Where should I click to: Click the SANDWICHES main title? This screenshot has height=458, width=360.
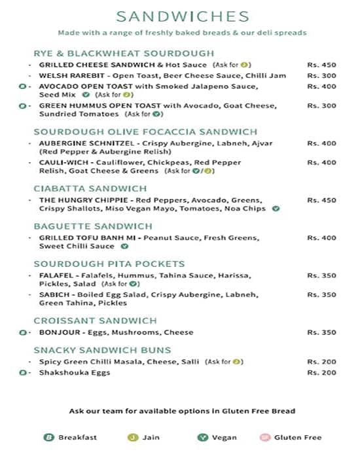point(182,16)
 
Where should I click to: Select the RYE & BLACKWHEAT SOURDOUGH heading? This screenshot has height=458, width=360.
point(124,54)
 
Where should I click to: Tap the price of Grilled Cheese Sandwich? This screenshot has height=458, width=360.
point(321,65)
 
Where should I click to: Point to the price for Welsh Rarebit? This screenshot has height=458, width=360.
point(321,76)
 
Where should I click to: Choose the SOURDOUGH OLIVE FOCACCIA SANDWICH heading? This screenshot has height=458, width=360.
point(145,132)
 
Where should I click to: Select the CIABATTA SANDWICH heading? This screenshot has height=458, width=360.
point(90,188)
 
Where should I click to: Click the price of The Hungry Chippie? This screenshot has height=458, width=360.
point(321,200)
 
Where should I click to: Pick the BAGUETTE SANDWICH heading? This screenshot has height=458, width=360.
point(93,226)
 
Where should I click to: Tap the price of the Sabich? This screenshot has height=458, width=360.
point(321,295)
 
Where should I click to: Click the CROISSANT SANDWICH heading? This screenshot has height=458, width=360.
point(95,321)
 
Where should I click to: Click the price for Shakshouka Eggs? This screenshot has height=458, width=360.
point(321,372)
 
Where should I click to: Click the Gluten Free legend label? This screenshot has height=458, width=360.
point(298,437)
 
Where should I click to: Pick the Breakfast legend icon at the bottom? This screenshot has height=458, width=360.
point(48,437)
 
